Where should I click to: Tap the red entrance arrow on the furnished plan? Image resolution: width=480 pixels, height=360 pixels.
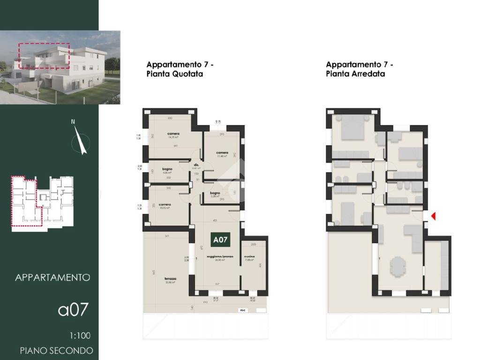(x=434, y=216)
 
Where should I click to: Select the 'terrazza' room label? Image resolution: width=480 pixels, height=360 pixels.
(x=170, y=278)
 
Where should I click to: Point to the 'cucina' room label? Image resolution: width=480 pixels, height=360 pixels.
(x=249, y=257)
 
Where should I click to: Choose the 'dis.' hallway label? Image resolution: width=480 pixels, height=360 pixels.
(x=197, y=165)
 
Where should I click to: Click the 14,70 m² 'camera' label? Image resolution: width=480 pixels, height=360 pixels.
(x=173, y=134)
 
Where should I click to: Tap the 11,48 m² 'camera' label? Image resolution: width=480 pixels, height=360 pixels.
(x=222, y=153)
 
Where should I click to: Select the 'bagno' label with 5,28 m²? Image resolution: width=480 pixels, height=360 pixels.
(x=215, y=193)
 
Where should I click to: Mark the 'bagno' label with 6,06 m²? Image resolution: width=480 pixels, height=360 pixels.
(x=167, y=169)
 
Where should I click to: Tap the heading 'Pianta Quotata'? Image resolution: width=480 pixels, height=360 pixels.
(x=175, y=74)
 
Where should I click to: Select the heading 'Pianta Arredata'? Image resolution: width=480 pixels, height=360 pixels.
(x=355, y=74)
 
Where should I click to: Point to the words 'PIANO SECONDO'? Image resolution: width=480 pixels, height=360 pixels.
(x=56, y=350)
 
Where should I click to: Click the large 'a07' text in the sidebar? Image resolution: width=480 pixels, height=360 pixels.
(x=73, y=310)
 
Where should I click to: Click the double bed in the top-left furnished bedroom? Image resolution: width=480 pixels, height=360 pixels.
(x=352, y=127)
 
